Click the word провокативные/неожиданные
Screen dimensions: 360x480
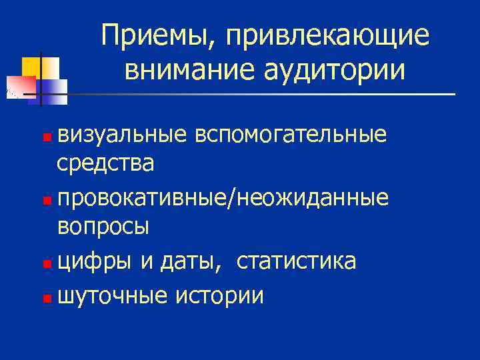[x=223, y=197]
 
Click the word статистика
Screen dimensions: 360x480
[x=296, y=261]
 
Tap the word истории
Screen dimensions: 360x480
[x=219, y=295]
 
